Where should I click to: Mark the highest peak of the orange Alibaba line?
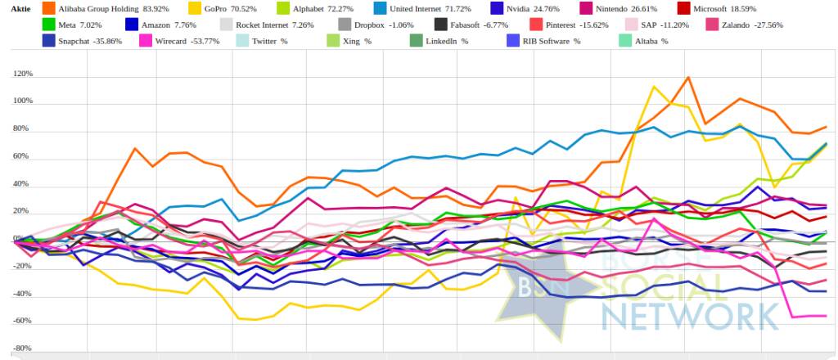687,78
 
